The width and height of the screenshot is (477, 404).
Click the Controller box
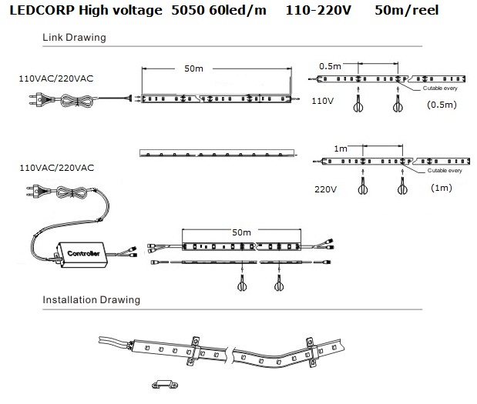[x=82, y=255]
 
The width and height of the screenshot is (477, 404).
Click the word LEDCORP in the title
[x=42, y=10]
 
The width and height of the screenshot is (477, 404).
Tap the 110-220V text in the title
[x=318, y=10]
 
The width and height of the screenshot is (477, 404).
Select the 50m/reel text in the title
[x=406, y=10]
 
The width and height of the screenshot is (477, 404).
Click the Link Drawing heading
[x=74, y=38]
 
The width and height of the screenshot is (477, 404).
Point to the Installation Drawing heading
[x=91, y=300]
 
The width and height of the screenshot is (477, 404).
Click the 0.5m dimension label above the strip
[x=330, y=66]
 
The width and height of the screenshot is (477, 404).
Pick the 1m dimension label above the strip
[x=341, y=149]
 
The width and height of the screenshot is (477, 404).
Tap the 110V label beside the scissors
[x=322, y=101]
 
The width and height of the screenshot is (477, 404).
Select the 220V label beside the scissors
[x=325, y=189]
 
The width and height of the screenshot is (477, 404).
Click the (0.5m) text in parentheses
[x=442, y=105]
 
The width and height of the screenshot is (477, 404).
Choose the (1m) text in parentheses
[x=442, y=188]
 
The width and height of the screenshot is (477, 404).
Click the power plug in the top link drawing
[x=39, y=100]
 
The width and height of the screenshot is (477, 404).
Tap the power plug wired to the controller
[x=38, y=191]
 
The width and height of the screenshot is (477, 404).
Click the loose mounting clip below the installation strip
[x=165, y=385]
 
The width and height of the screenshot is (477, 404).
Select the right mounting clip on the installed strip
[x=312, y=352]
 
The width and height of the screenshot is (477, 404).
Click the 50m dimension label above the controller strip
[x=241, y=232]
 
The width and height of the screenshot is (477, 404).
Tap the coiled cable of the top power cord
[x=76, y=101]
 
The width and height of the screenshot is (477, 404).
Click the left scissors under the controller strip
[x=242, y=283]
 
